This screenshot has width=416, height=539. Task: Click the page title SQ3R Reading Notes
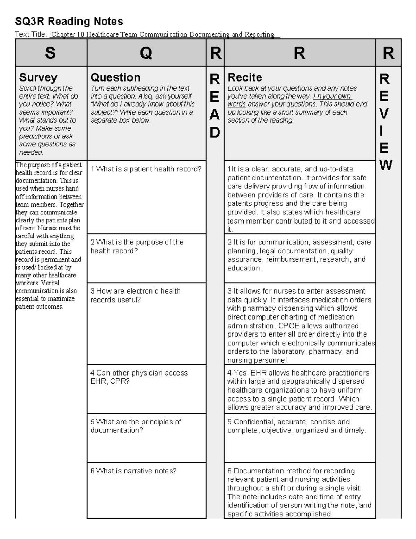click(x=69, y=22)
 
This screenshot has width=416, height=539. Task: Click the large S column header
click(x=50, y=53)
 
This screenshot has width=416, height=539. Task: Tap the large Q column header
click(x=146, y=53)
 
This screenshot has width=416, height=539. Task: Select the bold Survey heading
click(x=38, y=77)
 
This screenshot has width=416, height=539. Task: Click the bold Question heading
click(x=115, y=77)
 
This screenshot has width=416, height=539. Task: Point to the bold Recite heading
click(x=245, y=77)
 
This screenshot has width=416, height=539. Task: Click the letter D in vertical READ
click(x=215, y=133)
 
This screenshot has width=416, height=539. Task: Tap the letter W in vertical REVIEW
click(x=386, y=165)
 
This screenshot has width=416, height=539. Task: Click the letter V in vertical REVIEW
click(x=384, y=113)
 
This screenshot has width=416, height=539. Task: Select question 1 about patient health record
click(x=146, y=169)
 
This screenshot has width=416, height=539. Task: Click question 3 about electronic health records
click(x=136, y=295)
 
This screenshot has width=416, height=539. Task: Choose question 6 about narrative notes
click(x=133, y=471)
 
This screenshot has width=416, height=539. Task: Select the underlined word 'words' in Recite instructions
click(x=236, y=104)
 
